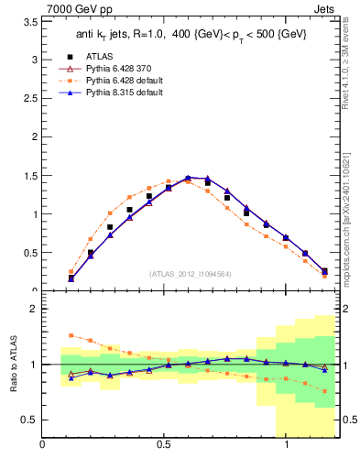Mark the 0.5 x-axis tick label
(164, 446)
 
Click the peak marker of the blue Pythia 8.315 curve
(188, 178)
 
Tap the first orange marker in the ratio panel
(71, 335)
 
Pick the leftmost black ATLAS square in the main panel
(71, 278)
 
